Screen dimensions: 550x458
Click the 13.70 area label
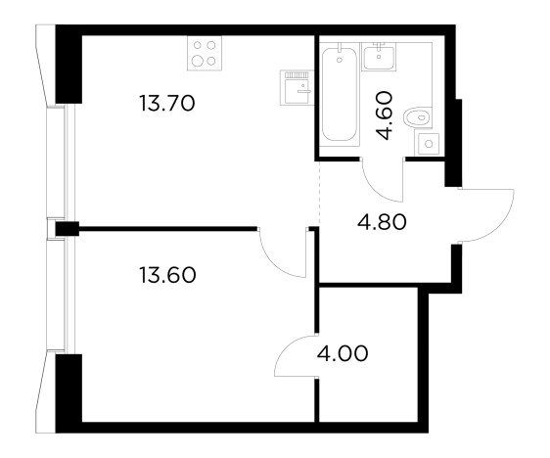(x=167, y=104)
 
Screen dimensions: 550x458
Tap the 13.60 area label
(x=167, y=275)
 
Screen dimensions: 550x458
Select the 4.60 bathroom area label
(x=383, y=115)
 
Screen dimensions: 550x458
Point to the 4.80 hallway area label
(x=382, y=222)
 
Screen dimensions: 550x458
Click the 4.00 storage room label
(x=343, y=353)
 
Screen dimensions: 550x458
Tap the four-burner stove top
(x=205, y=53)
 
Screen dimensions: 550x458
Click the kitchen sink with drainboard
(x=296, y=87)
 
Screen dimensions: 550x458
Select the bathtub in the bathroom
(x=340, y=94)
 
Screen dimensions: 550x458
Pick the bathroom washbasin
(x=379, y=57)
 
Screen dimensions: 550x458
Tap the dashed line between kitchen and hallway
(x=319, y=193)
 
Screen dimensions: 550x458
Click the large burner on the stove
(x=199, y=61)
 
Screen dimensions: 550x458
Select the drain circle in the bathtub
(x=340, y=60)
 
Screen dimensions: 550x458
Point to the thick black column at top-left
(x=69, y=65)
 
